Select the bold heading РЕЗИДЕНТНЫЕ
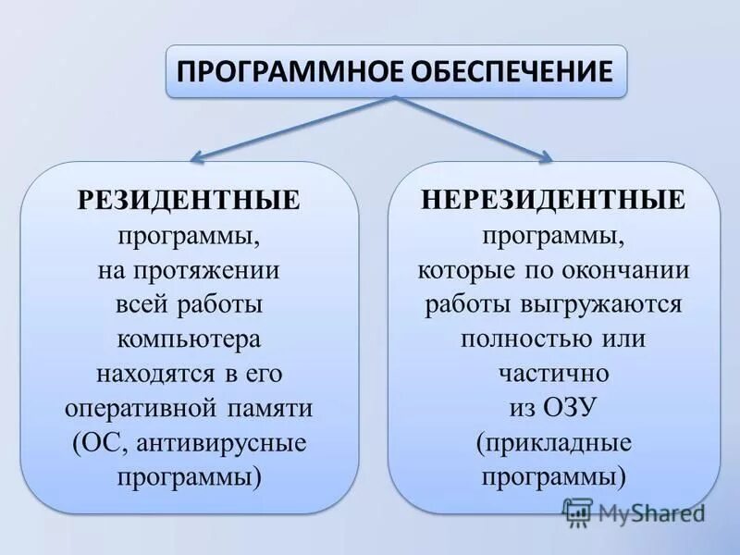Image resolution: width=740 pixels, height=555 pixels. (x=190, y=200)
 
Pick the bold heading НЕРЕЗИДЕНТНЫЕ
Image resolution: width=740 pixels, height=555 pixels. (x=553, y=200)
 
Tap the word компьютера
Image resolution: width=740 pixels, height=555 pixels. (x=190, y=339)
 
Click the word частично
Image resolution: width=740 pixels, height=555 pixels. (x=553, y=374)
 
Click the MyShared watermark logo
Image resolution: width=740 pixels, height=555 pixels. (x=633, y=512)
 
